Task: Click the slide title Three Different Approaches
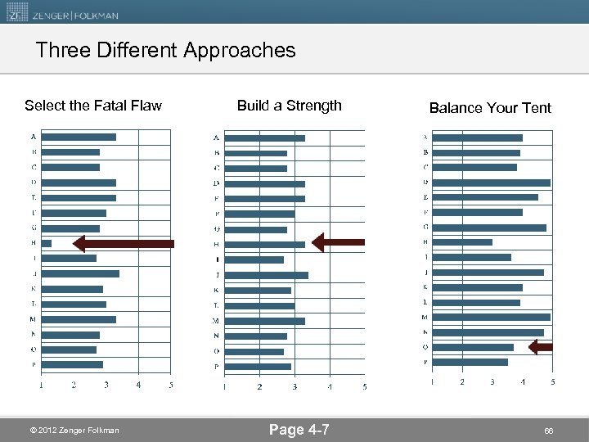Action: (x=165, y=51)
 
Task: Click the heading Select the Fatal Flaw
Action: (x=93, y=105)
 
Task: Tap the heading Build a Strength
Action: (x=289, y=105)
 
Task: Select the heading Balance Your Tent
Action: (x=490, y=108)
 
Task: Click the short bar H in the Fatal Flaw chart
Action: (x=47, y=243)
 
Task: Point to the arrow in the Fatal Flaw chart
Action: (x=123, y=243)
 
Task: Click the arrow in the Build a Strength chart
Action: (x=339, y=242)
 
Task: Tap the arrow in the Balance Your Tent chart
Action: (x=541, y=347)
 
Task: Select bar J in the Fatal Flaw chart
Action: (x=80, y=273)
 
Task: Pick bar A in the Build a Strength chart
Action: (x=264, y=138)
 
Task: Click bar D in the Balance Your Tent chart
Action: (x=491, y=183)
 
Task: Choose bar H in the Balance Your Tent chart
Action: (x=462, y=242)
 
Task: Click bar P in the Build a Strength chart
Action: (x=258, y=366)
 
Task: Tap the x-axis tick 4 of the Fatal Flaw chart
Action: (x=138, y=385)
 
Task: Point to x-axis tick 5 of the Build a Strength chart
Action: (x=364, y=386)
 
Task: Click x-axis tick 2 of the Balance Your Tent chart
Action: (x=462, y=381)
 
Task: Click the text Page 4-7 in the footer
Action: (x=299, y=429)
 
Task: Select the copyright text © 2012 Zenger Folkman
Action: (x=74, y=431)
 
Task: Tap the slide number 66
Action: (x=549, y=430)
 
